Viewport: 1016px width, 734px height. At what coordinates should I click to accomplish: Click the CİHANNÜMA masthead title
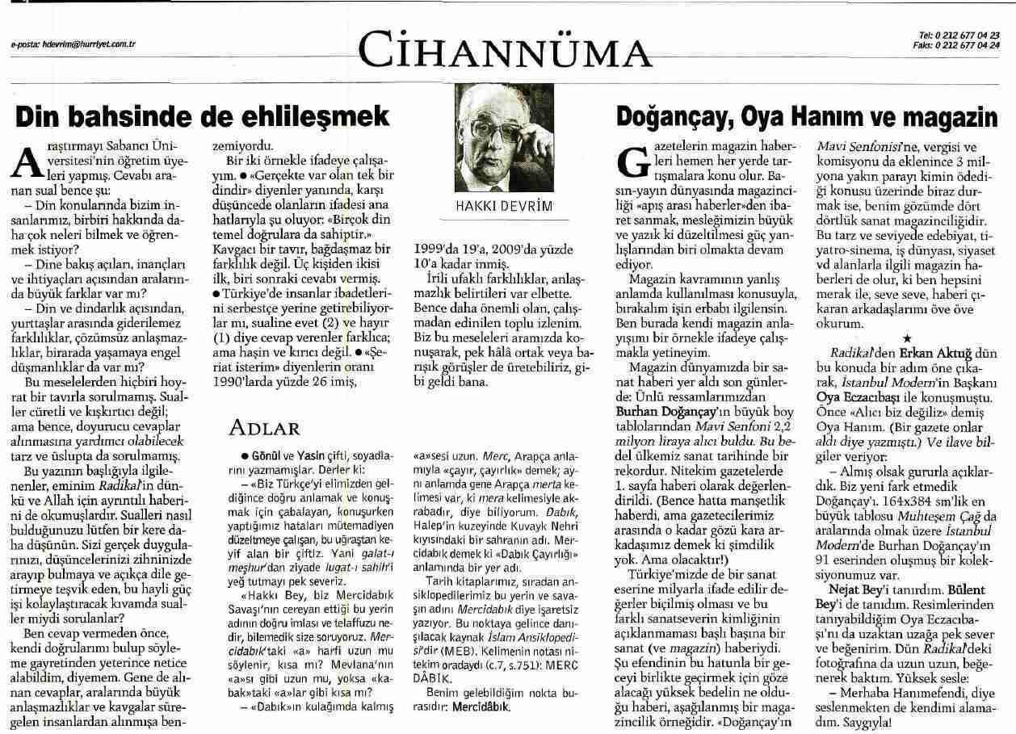(x=508, y=49)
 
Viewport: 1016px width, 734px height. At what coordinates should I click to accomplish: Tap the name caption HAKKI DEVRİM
(x=507, y=206)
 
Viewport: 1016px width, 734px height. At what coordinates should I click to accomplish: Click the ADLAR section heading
(x=265, y=426)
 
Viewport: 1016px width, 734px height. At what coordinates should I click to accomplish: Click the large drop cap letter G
(x=633, y=163)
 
